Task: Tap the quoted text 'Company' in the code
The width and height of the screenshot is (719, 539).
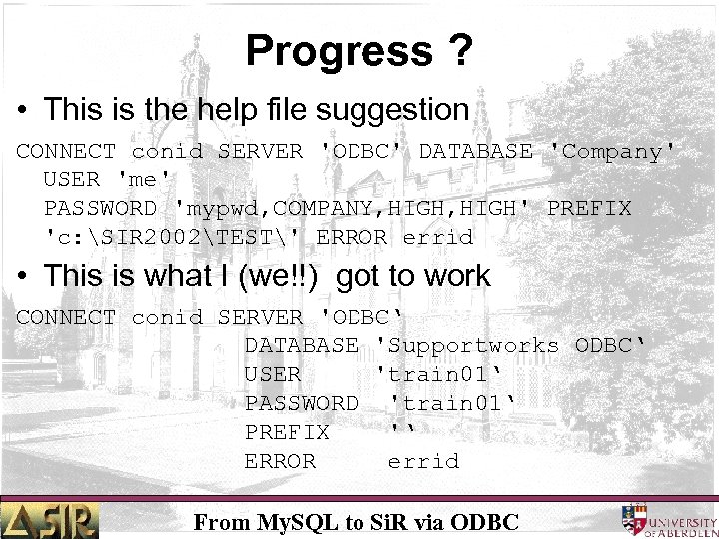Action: coord(612,152)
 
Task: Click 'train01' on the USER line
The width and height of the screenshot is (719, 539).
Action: coord(443,374)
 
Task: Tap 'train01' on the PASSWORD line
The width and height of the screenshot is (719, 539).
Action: coord(451,403)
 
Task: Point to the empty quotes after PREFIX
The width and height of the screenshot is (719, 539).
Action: coord(402,431)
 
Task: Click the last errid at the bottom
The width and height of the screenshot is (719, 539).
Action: coord(423,461)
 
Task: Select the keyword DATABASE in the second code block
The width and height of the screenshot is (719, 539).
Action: coord(301,346)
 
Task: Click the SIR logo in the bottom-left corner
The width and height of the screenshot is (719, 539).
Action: coord(50,519)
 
